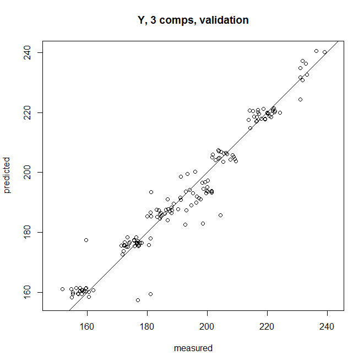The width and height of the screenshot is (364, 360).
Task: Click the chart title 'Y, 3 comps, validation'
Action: [193, 20]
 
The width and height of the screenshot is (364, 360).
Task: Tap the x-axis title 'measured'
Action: [193, 348]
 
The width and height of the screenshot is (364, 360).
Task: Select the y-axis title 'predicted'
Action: [7, 176]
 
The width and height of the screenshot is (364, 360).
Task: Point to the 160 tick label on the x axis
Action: [87, 325]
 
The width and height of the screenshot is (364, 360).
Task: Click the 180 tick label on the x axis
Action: [147, 325]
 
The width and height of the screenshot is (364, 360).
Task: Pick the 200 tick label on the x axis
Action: [207, 325]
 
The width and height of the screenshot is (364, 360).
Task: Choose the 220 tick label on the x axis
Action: [267, 325]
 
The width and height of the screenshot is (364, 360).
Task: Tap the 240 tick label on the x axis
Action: [327, 325]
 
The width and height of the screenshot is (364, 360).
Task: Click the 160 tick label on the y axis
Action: [26, 292]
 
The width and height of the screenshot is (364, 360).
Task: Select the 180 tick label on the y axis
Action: [26, 232]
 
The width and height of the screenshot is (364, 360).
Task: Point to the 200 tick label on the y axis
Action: [26, 173]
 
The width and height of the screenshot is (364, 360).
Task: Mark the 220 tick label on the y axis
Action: [26, 112]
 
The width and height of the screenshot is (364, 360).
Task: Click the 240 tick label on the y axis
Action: [26, 52]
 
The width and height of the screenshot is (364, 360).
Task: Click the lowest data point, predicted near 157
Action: [138, 300]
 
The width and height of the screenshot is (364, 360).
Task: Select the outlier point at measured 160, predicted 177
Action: [86, 240]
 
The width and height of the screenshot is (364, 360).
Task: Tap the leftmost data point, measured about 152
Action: [62, 289]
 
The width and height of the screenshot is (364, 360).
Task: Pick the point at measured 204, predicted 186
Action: [220, 215]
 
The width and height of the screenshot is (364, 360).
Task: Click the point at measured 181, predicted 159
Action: [150, 294]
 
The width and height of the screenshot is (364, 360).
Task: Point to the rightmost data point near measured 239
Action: [324, 52]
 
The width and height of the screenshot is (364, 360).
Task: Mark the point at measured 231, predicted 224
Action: [300, 100]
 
